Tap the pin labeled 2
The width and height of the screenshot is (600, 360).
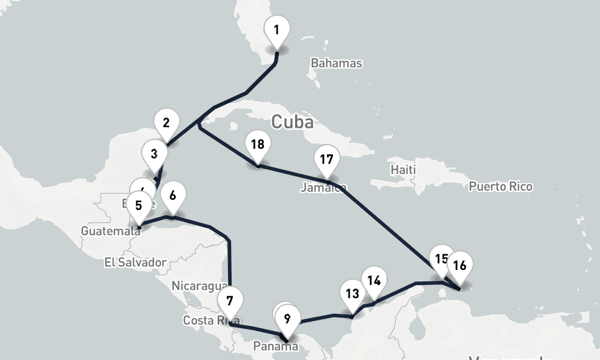click(166, 124)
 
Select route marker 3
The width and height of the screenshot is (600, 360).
click(154, 154)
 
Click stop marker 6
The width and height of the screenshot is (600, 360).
click(173, 196)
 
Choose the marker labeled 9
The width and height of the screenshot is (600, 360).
click(287, 319)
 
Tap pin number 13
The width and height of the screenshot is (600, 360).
click(352, 294)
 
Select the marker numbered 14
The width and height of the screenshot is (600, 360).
click(374, 281)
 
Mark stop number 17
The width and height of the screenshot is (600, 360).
click(326, 160)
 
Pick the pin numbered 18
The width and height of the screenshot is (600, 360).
click(257, 145)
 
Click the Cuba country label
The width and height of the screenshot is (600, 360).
click(292, 122)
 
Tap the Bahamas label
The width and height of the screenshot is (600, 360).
click(337, 63)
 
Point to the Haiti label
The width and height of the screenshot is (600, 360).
click(403, 170)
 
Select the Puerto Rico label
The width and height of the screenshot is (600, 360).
click(500, 187)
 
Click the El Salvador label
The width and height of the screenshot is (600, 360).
click(134, 262)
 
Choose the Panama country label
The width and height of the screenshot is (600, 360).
click(275, 346)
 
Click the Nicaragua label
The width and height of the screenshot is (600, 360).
click(199, 286)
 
